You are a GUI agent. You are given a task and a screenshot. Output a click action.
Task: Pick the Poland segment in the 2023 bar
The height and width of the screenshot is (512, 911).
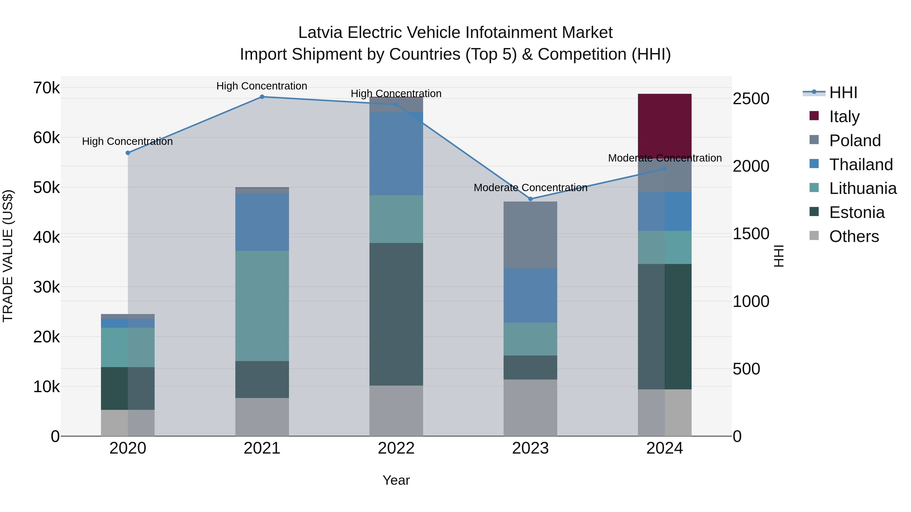(530, 235)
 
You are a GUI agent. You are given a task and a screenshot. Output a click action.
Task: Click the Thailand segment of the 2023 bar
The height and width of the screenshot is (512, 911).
(530, 295)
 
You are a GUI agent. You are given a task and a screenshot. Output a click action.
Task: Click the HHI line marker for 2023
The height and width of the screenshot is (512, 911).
(530, 199)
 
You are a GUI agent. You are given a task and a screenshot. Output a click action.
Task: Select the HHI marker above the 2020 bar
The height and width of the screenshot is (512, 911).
(128, 153)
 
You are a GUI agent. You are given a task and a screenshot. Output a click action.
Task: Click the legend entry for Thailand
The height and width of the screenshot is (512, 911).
(861, 165)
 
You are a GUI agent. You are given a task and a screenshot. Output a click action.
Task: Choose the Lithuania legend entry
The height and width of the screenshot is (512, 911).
(863, 189)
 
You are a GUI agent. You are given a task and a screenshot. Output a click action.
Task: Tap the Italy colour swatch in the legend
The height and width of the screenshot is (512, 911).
(814, 116)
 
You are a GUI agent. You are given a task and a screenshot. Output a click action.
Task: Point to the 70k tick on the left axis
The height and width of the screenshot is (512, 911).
(46, 88)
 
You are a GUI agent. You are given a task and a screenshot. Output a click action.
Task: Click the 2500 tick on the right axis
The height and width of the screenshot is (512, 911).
(751, 99)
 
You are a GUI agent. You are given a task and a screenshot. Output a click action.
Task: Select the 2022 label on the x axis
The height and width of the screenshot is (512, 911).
(396, 448)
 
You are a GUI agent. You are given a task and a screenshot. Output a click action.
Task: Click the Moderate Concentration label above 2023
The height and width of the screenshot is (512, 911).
(530, 188)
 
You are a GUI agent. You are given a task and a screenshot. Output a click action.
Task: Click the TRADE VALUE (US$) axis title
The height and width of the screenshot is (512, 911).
(8, 256)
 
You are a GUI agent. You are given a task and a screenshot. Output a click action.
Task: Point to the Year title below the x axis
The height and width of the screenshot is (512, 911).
(396, 480)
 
